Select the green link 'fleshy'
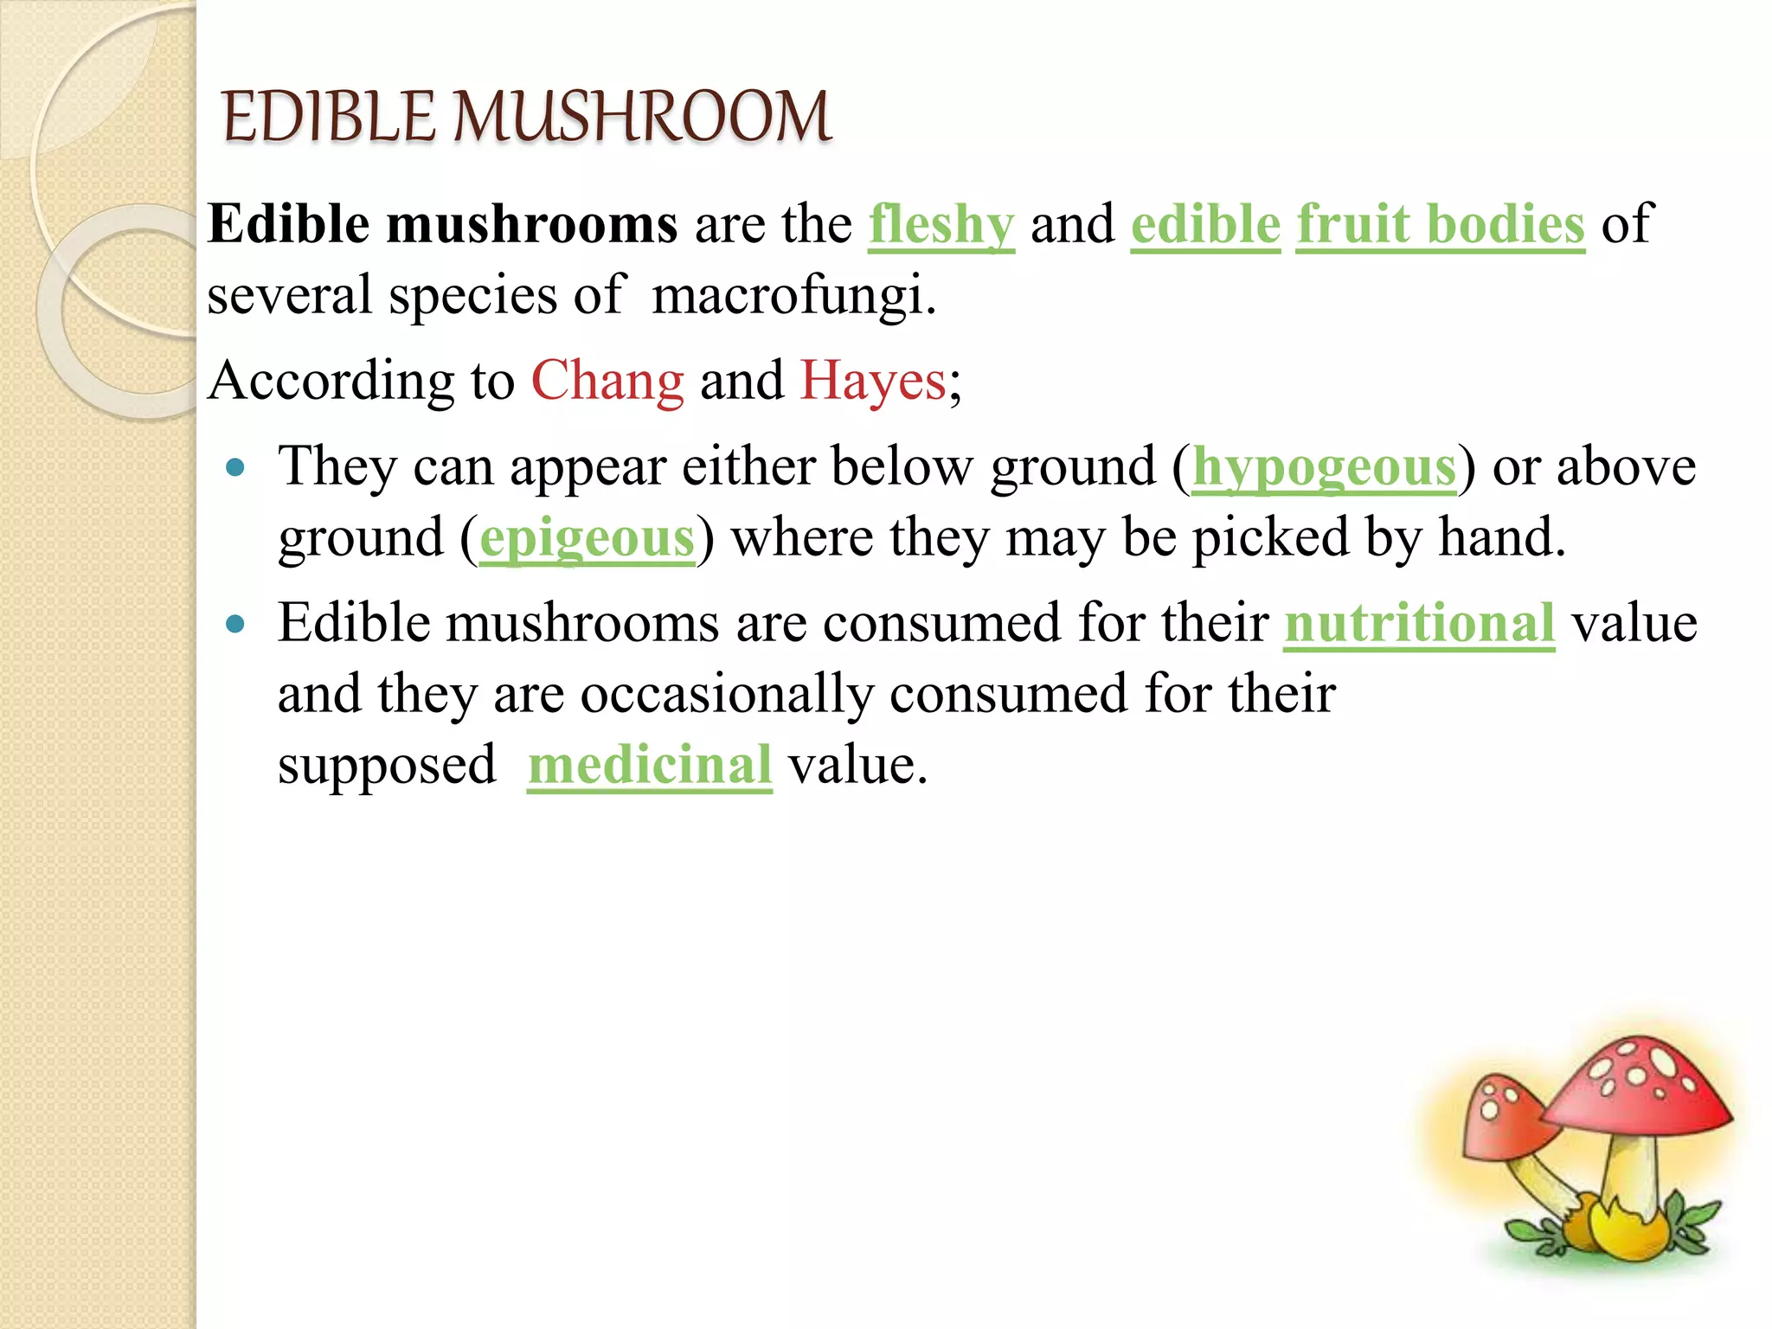click(x=941, y=225)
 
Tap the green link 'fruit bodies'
click(x=1441, y=225)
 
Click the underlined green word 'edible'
click(x=1205, y=225)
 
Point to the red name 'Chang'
click(x=607, y=381)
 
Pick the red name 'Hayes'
click(x=873, y=381)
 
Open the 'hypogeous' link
click(x=1324, y=468)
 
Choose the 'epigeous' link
click(x=587, y=538)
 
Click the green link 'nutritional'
click(x=1419, y=623)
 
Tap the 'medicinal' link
click(x=649, y=765)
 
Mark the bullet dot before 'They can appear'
click(x=234, y=468)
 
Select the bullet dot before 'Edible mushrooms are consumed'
click(x=234, y=623)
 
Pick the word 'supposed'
click(x=387, y=765)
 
